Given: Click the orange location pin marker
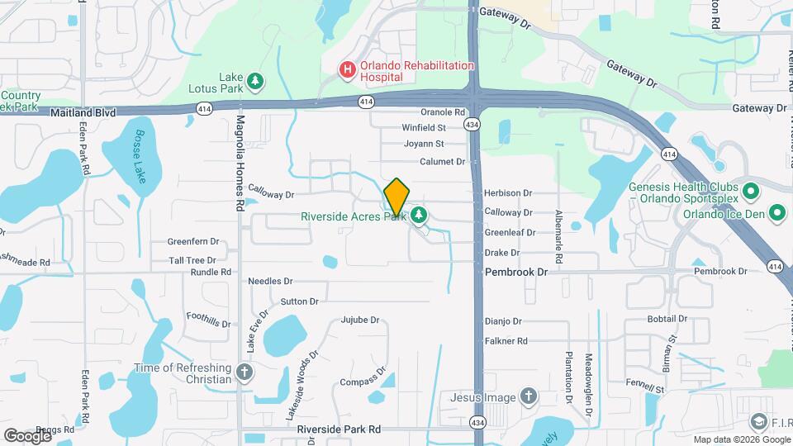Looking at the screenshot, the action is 396,197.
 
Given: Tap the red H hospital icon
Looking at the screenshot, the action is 348,71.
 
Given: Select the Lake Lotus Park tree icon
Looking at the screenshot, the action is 256,80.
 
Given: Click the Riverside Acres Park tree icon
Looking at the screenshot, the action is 420,216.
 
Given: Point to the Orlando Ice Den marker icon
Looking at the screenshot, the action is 777,214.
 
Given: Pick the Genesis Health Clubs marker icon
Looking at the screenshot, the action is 751,192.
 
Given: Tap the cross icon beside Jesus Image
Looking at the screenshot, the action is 529,397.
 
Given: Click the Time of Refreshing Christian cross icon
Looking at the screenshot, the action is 245,372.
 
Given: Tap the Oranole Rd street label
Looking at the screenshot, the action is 444,112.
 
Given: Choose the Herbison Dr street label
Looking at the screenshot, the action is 508,192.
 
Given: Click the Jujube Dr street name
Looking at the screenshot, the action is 359,320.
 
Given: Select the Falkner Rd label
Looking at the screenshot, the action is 506,340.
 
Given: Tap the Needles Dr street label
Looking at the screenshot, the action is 271,282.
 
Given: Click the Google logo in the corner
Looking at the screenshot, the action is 27,435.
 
